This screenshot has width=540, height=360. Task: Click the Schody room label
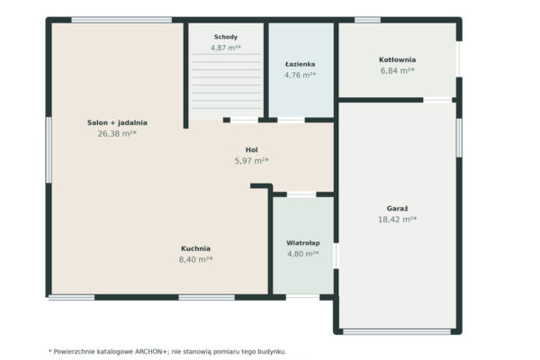click(x=226, y=37)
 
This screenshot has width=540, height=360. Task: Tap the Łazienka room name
click(x=300, y=64)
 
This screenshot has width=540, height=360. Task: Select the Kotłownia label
click(x=397, y=59)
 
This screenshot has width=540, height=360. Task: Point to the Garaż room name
click(x=397, y=209)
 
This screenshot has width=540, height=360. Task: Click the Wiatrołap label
click(x=303, y=243)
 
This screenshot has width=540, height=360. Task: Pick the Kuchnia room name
click(x=195, y=248)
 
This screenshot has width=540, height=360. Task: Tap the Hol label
click(x=251, y=150)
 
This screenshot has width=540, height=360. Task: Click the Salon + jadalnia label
click(x=117, y=122)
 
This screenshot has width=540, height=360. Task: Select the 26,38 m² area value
click(x=117, y=134)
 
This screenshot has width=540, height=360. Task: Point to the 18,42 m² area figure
click(x=398, y=220)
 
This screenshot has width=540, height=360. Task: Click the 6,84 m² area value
click(x=397, y=70)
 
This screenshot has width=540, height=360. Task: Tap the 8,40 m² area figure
click(x=195, y=259)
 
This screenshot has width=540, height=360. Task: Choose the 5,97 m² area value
click(x=251, y=161)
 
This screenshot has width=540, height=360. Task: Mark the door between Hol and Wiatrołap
click(x=301, y=194)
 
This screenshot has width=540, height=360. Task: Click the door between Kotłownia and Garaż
click(x=437, y=100)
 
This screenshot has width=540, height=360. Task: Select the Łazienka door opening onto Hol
click(x=291, y=120)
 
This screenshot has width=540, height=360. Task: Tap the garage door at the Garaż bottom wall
click(x=397, y=332)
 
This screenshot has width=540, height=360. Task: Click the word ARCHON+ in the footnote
click(x=150, y=352)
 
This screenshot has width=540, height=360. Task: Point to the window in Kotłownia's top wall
click(x=367, y=20)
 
